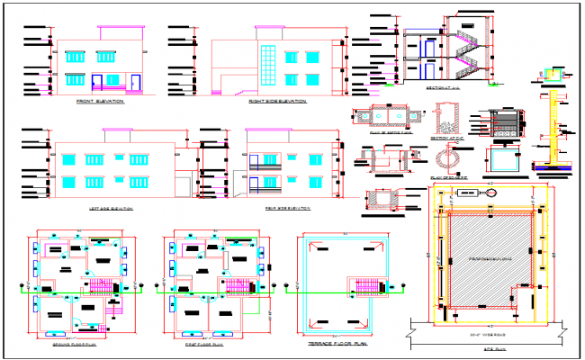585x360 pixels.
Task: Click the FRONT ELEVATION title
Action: [100, 102]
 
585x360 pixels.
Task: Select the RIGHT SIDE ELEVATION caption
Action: [278, 102]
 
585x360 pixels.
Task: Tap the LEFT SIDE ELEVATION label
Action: [111, 208]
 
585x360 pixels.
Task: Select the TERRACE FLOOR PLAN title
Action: [339, 345]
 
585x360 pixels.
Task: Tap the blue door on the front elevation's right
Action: [136, 83]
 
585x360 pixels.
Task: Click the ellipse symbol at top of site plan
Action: [491, 191]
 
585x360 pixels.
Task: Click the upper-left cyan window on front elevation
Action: [75, 57]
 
